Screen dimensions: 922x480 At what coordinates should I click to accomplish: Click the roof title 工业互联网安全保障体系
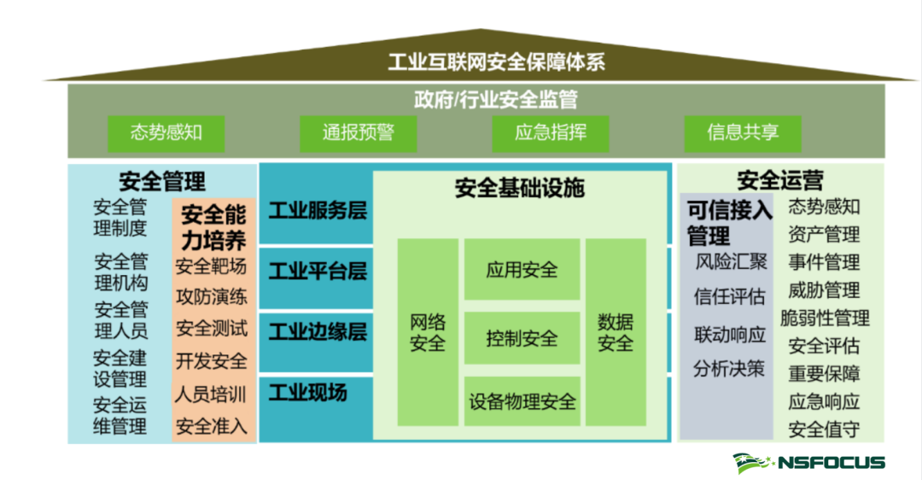[x=496, y=62]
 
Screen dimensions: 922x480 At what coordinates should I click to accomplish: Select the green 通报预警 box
[x=358, y=133]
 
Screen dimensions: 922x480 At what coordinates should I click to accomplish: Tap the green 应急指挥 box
[x=551, y=133]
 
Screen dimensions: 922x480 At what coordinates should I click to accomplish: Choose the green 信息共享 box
[x=743, y=133]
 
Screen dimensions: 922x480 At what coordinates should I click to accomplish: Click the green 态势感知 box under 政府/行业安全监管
[x=166, y=133]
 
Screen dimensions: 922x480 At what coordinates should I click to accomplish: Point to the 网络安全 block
[x=428, y=332]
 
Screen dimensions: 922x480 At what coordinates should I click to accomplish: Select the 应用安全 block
[x=522, y=269]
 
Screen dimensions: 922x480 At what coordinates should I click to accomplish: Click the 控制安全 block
[x=522, y=338]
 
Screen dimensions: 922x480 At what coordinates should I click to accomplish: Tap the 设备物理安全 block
[x=522, y=401]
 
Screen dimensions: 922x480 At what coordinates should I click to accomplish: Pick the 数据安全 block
[x=616, y=332]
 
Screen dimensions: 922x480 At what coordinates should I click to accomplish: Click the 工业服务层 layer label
[x=318, y=211]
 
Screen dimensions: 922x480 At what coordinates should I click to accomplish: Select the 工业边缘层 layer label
[x=318, y=331]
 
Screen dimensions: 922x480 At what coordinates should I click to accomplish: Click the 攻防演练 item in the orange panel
[x=212, y=297]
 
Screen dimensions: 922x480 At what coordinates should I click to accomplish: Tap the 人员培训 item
[x=210, y=395]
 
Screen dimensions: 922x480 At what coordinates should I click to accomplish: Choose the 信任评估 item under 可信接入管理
[x=729, y=296]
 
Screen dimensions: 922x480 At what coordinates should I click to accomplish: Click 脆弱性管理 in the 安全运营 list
[x=825, y=319]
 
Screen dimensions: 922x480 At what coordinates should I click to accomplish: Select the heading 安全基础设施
[x=519, y=188]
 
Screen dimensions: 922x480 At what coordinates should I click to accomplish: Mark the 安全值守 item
[x=824, y=430]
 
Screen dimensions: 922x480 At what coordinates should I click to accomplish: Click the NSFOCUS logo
[x=808, y=463]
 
